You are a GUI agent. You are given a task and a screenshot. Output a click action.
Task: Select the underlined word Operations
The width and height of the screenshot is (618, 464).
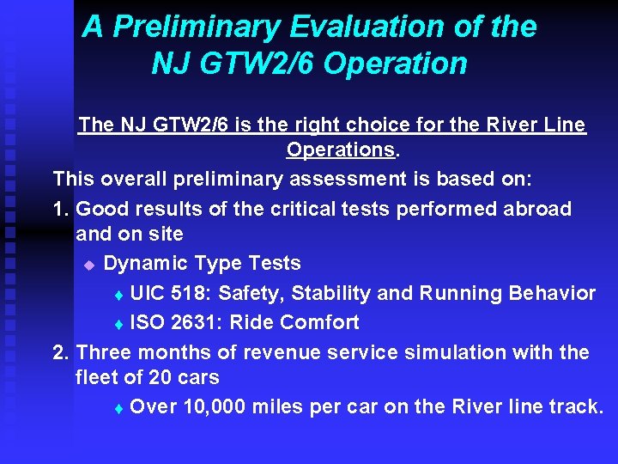click(x=341, y=150)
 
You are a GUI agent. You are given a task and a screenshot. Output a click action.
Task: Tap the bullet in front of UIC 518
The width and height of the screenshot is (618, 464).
click(x=118, y=295)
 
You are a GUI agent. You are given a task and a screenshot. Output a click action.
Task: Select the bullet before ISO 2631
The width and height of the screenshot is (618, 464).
click(x=118, y=324)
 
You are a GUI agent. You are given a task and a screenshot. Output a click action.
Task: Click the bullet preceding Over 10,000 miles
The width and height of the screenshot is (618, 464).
click(x=118, y=408)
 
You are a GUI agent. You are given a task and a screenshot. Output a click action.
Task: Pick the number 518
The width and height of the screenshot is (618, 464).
click(x=188, y=293)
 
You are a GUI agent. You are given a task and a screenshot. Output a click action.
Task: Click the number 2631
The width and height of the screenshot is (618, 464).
click(x=196, y=322)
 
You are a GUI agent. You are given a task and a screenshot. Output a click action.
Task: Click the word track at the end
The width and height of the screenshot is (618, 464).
click(x=578, y=406)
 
